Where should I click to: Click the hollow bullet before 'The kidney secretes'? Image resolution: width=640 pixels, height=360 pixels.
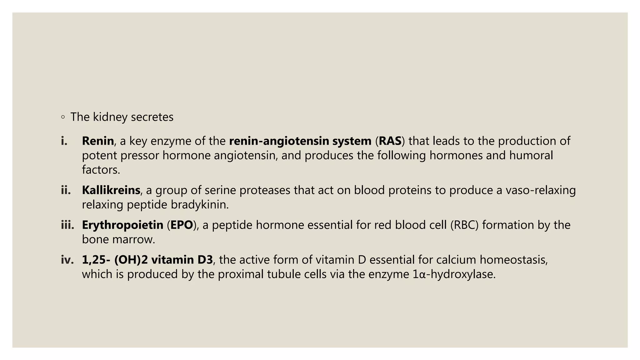tap(63, 117)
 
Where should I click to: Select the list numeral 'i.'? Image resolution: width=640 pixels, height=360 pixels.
tap(64, 141)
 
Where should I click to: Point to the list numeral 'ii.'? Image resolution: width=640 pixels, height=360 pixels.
tap(66, 190)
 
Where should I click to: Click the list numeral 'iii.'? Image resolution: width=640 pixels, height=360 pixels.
tap(67, 225)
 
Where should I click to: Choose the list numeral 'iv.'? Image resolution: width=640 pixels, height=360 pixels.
tap(67, 260)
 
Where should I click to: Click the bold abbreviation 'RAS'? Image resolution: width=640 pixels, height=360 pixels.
tap(390, 141)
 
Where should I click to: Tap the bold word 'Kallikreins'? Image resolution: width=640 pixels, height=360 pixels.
tap(111, 190)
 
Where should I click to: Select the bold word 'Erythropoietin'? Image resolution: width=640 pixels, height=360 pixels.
tap(122, 225)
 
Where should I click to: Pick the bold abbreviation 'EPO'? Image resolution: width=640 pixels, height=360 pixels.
tap(182, 225)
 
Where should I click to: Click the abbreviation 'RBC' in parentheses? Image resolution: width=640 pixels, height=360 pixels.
tap(464, 225)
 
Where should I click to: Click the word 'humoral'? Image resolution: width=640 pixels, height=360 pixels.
tap(531, 156)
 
